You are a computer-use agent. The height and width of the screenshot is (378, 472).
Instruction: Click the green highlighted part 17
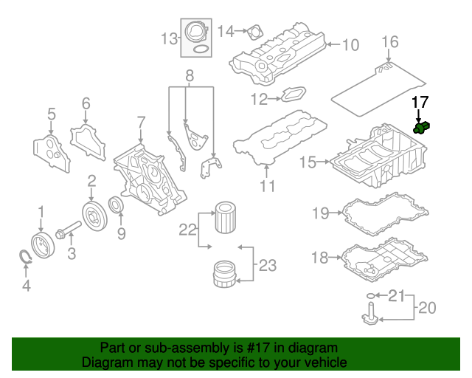423,128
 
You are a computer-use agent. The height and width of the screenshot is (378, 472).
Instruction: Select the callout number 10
350,45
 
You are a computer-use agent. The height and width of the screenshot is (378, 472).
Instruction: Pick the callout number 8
189,75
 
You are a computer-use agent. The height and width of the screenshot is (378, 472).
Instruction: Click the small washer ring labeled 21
369,297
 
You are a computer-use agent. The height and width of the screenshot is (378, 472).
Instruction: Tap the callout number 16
390,41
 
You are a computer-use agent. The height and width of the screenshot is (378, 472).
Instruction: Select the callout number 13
170,38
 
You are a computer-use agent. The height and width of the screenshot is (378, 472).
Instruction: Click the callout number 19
319,214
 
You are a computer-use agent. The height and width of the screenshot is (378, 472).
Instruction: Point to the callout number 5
51,114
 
